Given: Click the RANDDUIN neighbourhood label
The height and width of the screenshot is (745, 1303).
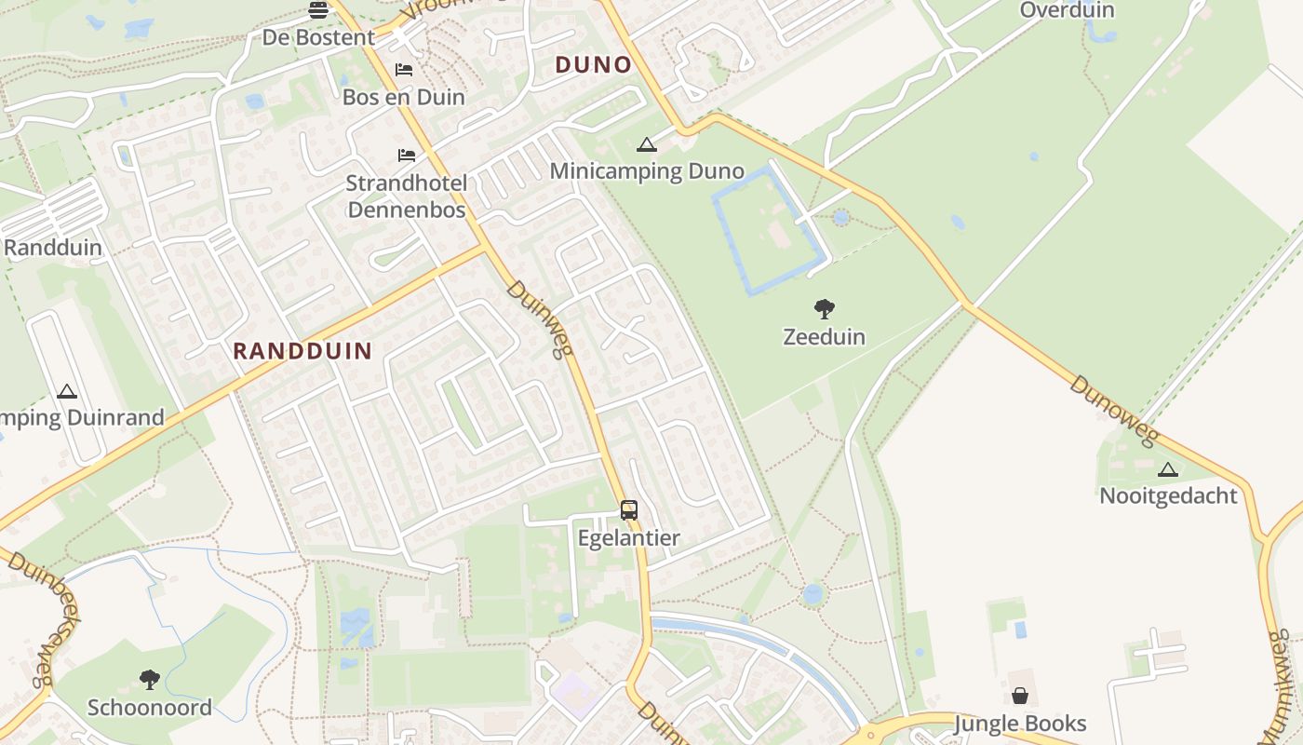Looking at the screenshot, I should [x=302, y=351].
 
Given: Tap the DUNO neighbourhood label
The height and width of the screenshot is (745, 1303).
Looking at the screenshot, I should [x=594, y=65].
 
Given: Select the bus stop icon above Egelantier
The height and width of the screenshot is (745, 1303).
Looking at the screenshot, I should [x=629, y=510].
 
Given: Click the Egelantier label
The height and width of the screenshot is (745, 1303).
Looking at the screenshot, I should [x=629, y=538].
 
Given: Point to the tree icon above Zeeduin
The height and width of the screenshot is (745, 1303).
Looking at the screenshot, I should [x=824, y=309].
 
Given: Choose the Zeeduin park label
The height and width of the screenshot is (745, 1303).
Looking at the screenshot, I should [x=824, y=337].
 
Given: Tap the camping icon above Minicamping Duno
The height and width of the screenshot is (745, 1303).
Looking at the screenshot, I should [x=647, y=144].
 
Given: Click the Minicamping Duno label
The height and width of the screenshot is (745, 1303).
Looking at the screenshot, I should [x=647, y=171].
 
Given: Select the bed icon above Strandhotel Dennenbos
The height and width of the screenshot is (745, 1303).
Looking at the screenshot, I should [x=407, y=155].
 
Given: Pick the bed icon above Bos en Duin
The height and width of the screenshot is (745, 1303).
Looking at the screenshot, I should [x=404, y=70].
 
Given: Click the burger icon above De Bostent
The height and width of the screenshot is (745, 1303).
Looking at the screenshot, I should [x=318, y=10].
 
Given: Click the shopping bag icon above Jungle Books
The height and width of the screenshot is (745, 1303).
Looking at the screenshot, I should [x=1020, y=696].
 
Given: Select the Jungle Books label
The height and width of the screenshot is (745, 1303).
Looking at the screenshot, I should [x=1020, y=724].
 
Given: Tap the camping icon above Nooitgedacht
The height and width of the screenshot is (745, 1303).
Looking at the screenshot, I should [x=1168, y=468].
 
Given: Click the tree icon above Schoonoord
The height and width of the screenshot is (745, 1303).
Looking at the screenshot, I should [x=149, y=679].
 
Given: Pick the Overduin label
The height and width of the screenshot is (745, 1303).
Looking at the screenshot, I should [x=1067, y=10].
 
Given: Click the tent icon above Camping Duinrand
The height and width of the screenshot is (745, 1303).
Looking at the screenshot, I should [x=66, y=391].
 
